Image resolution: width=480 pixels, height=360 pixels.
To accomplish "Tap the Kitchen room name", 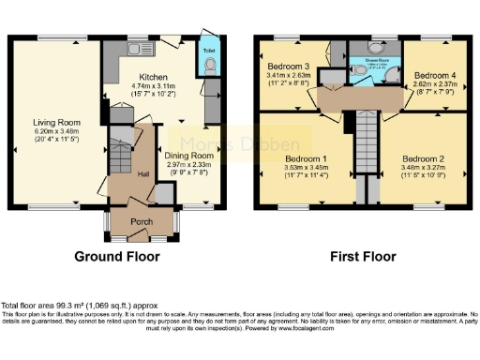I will [155, 78].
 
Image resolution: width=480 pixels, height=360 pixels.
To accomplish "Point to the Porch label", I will [140, 224].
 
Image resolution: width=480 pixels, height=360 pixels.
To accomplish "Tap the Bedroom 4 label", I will [434, 74].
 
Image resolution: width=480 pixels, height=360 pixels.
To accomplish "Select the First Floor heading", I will [362, 254].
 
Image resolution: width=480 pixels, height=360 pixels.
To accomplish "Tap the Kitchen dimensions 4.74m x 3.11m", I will [155, 86].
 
